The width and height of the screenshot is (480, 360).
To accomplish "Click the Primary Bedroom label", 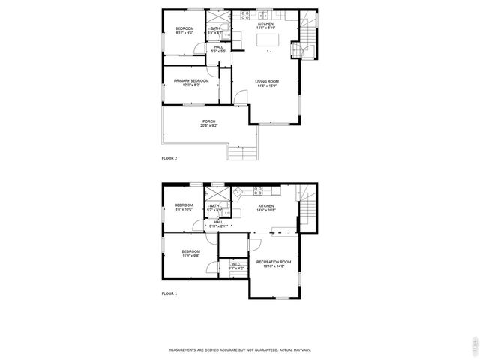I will (x=191, y=81).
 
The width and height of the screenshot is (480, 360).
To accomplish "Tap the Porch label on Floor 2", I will (x=208, y=121).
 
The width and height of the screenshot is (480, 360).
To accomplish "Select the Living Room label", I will (x=266, y=82).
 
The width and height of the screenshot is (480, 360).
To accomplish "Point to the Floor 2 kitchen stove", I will (x=264, y=15).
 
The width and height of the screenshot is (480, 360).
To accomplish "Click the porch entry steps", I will (x=241, y=154).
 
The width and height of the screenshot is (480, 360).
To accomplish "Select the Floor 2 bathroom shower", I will (x=219, y=18).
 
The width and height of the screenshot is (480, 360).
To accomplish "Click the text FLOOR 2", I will (x=169, y=159).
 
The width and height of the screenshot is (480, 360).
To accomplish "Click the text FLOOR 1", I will (x=169, y=292).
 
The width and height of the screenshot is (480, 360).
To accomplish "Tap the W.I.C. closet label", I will (x=235, y=264).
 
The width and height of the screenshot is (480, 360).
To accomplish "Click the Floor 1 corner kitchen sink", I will (x=237, y=193).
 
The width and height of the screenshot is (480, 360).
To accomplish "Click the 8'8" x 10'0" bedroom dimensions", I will (x=184, y=210).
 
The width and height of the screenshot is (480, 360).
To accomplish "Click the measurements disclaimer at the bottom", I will (x=240, y=349).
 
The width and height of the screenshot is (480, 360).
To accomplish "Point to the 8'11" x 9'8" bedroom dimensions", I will (x=184, y=33).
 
